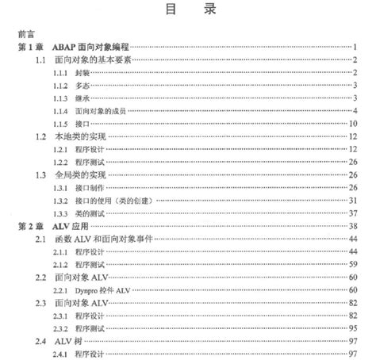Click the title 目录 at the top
[x=188, y=12]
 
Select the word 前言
[x=25, y=36]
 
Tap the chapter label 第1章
[x=30, y=48]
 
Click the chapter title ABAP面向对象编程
[x=94, y=48]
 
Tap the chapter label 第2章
[x=30, y=226]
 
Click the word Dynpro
[x=90, y=290]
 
